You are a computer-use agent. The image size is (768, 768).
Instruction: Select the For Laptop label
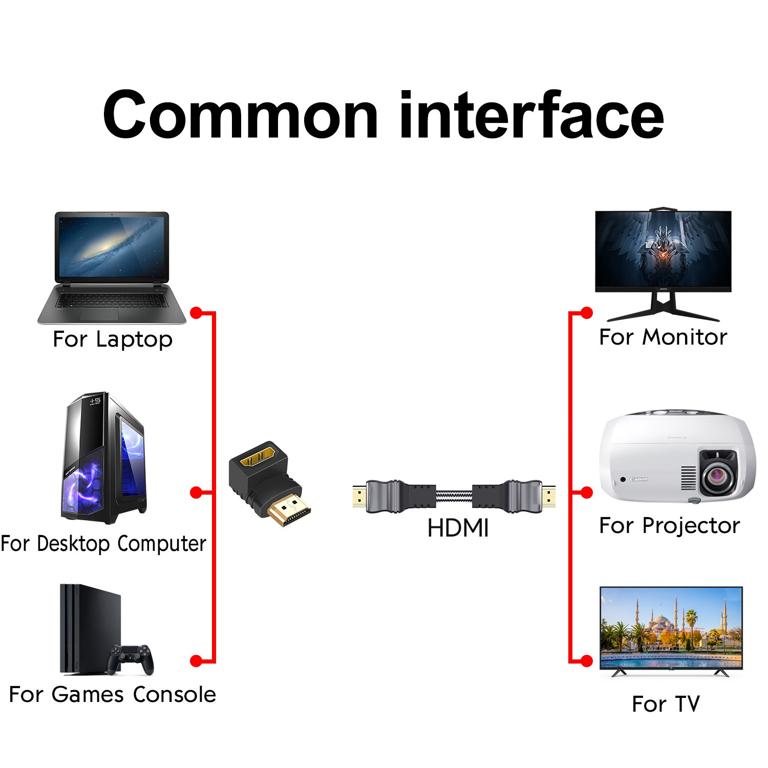pos(113,339)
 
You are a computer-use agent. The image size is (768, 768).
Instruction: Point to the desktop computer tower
pos(104,458)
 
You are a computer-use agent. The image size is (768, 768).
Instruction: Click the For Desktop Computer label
pos(103,543)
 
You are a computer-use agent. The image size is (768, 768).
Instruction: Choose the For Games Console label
pos(113,695)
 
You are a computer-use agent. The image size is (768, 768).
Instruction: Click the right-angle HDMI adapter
pos(270,484)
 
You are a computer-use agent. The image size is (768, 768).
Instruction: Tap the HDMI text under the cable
pos(458,528)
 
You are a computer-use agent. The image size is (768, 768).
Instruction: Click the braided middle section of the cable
pos(454,496)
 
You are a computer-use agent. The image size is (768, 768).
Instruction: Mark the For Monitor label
pos(663,337)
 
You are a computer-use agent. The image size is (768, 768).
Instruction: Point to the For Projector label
pos(670,526)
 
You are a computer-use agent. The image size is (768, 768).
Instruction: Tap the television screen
pos(671,627)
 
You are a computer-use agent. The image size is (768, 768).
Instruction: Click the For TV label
pos(666,704)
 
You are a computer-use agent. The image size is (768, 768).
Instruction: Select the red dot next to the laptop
pos(196,312)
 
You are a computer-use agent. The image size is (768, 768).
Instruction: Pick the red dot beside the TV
pos(587,661)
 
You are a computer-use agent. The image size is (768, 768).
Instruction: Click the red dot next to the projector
pos(587,493)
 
